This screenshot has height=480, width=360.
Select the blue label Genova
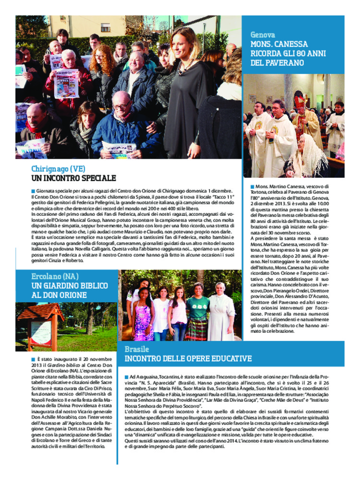pyautogui.click(x=263, y=35)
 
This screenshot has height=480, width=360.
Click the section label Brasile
pyautogui.click(x=137, y=349)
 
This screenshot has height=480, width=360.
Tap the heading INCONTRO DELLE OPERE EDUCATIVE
pyautogui.click(x=188, y=359)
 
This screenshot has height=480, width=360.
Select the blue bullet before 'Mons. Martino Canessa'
pyautogui.click(x=252, y=186)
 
